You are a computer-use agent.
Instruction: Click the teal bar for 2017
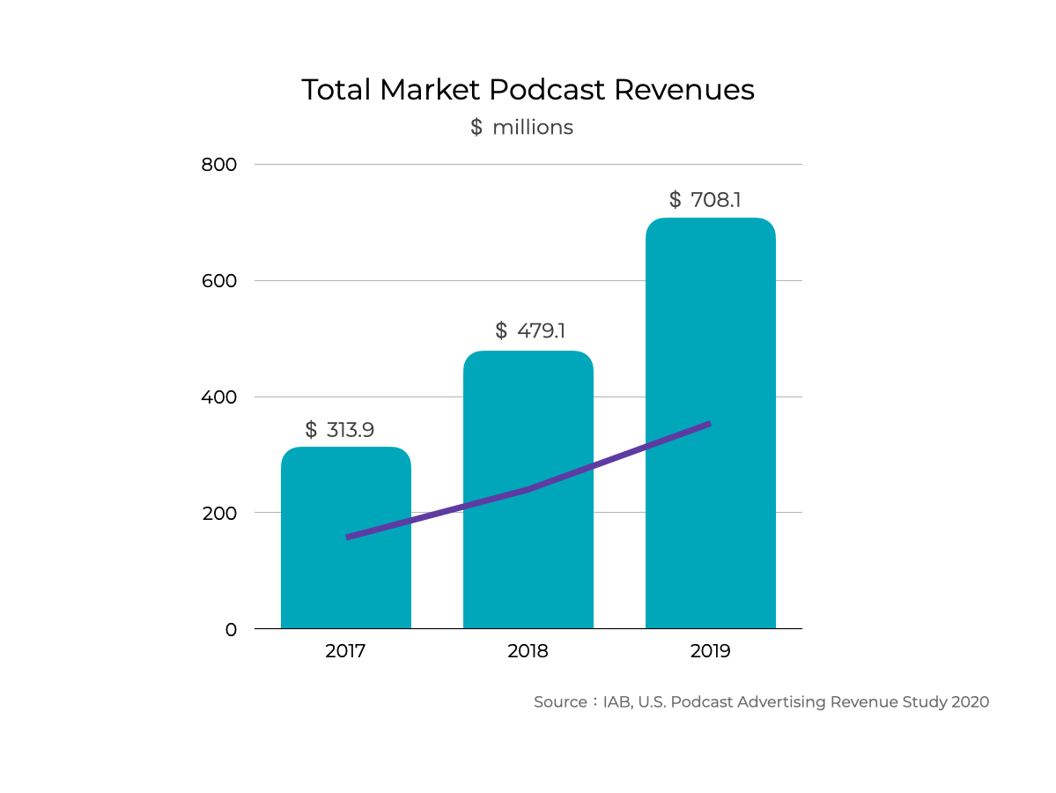click(x=345, y=582)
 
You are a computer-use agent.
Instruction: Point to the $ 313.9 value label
click(x=340, y=430)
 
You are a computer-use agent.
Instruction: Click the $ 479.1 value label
click(x=530, y=331)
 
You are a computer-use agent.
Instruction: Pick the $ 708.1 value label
click(x=705, y=200)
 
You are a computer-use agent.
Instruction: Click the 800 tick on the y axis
click(x=220, y=165)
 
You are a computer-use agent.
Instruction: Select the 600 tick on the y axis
click(x=220, y=281)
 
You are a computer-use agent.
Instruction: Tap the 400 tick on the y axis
click(x=220, y=397)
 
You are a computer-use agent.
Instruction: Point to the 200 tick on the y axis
click(x=220, y=513)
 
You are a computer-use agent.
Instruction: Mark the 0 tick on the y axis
click(x=231, y=629)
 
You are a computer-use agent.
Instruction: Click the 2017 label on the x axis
click(x=345, y=652)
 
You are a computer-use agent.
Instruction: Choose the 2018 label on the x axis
click(x=528, y=652)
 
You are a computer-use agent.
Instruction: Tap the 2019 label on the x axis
click(x=710, y=652)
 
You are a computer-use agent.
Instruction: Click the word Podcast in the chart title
click(x=547, y=90)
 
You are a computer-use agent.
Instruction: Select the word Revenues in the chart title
click(x=684, y=90)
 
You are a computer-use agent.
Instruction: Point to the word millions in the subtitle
click(x=533, y=128)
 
